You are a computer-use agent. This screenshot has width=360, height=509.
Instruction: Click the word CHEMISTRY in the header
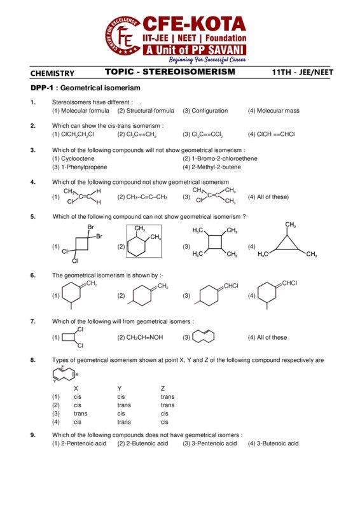[52, 73]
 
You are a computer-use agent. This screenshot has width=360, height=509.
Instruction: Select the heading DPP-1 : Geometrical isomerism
[85, 88]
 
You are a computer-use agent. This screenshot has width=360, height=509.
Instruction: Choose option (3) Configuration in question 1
[205, 111]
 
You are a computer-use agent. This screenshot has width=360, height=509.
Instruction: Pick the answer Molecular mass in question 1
[273, 111]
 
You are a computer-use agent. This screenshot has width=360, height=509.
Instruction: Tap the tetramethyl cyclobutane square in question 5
[215, 242]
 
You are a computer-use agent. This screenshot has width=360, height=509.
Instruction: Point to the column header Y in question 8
[119, 388]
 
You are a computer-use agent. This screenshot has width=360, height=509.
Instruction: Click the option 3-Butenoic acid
[273, 443]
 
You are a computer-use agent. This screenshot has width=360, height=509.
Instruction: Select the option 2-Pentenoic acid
[79, 443]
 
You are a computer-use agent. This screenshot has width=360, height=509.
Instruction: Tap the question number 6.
[32, 275]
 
